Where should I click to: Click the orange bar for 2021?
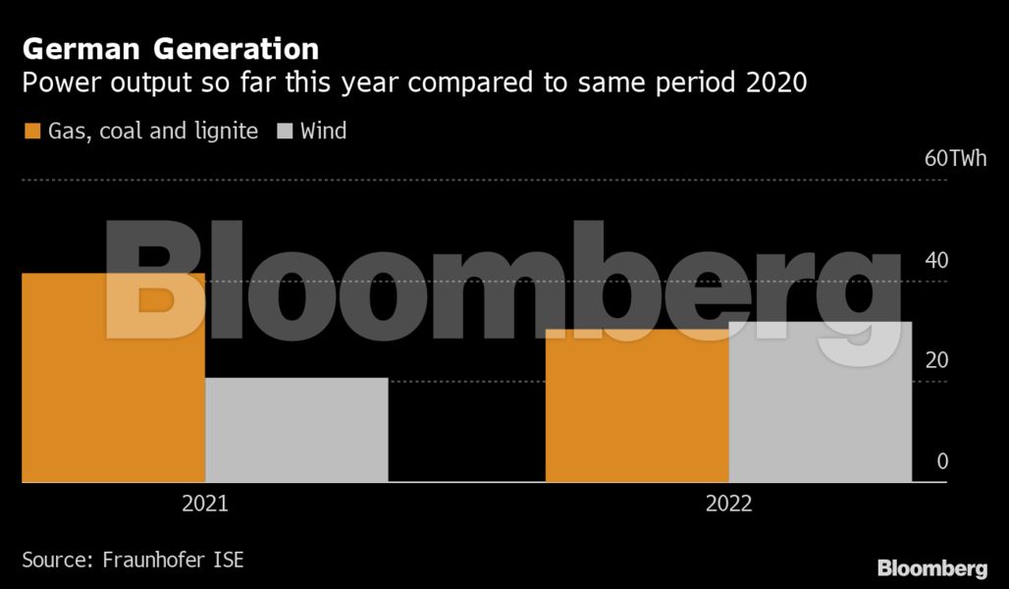(113, 378)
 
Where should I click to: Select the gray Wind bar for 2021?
(296, 430)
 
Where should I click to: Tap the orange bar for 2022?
(637, 405)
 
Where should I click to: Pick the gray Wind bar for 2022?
(821, 402)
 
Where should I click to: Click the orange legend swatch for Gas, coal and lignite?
(31, 131)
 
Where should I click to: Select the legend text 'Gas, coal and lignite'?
(153, 131)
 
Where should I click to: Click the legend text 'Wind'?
(323, 131)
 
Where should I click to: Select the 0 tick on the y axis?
(942, 461)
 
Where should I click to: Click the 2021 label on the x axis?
(205, 504)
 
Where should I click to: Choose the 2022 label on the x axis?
(728, 504)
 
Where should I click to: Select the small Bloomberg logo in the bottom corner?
(931, 567)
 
